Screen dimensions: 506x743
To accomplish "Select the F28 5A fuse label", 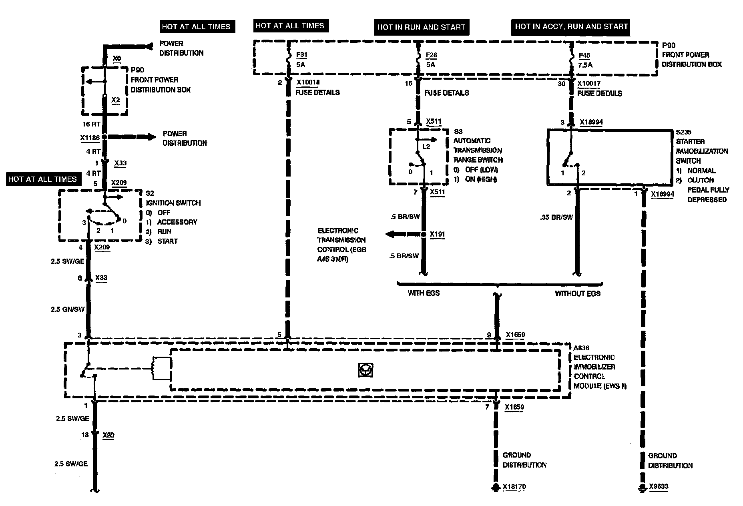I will [x=431, y=59].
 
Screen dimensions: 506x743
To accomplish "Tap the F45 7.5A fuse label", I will [x=585, y=60].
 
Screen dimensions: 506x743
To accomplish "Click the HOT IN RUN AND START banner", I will [x=421, y=27].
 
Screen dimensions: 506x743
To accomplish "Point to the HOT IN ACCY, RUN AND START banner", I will [x=571, y=27].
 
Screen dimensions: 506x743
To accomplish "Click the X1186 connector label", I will [x=90, y=138].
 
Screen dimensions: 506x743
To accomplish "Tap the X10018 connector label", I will [x=308, y=82].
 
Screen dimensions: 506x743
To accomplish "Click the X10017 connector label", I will [x=589, y=83].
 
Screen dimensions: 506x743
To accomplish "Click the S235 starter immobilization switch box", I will [x=609, y=157].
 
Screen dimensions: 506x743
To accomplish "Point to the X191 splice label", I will [x=437, y=235].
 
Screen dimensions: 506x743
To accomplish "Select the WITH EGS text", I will [x=424, y=293].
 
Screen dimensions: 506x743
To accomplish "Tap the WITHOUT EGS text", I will [x=577, y=293].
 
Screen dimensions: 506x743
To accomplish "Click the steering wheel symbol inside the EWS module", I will [x=365, y=370].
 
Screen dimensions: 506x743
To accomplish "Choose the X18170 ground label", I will [x=514, y=487].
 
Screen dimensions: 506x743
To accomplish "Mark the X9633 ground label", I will [x=659, y=487].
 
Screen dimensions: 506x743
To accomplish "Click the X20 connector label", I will [x=108, y=435].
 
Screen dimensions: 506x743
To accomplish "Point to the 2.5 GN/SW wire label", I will [x=68, y=309].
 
